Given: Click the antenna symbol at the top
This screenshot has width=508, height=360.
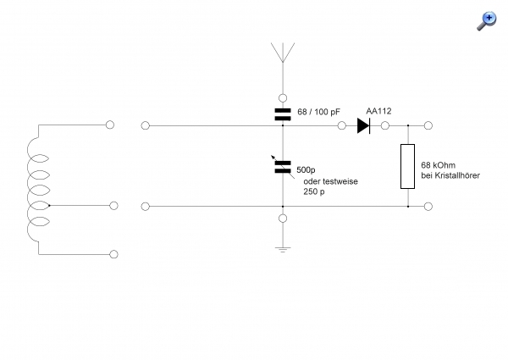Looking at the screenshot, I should pyautogui.click(x=281, y=53).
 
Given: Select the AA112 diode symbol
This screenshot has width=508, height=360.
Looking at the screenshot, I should pyautogui.click(x=363, y=126).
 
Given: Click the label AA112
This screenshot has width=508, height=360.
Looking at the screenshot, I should pyautogui.click(x=379, y=110).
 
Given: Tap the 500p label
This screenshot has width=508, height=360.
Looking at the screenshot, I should pyautogui.click(x=306, y=169).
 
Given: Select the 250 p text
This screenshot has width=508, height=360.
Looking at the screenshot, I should pyautogui.click(x=314, y=191).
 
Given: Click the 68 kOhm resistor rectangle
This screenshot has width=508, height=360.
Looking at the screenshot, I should pyautogui.click(x=408, y=166).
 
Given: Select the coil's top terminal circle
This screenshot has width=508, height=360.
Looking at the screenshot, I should pyautogui.click(x=110, y=125).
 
